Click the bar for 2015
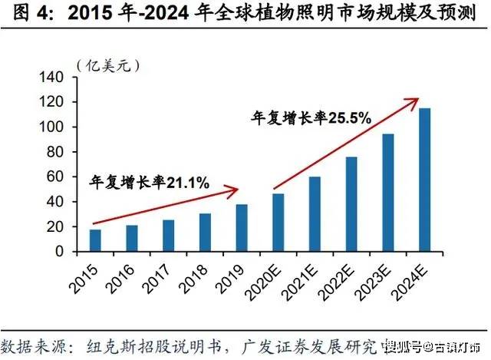(95, 240)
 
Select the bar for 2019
(242, 228)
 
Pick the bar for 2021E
(315, 214)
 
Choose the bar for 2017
(168, 236)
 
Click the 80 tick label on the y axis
(61, 152)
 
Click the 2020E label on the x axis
(265, 281)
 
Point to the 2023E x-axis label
(375, 281)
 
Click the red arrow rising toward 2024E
(345, 143)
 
